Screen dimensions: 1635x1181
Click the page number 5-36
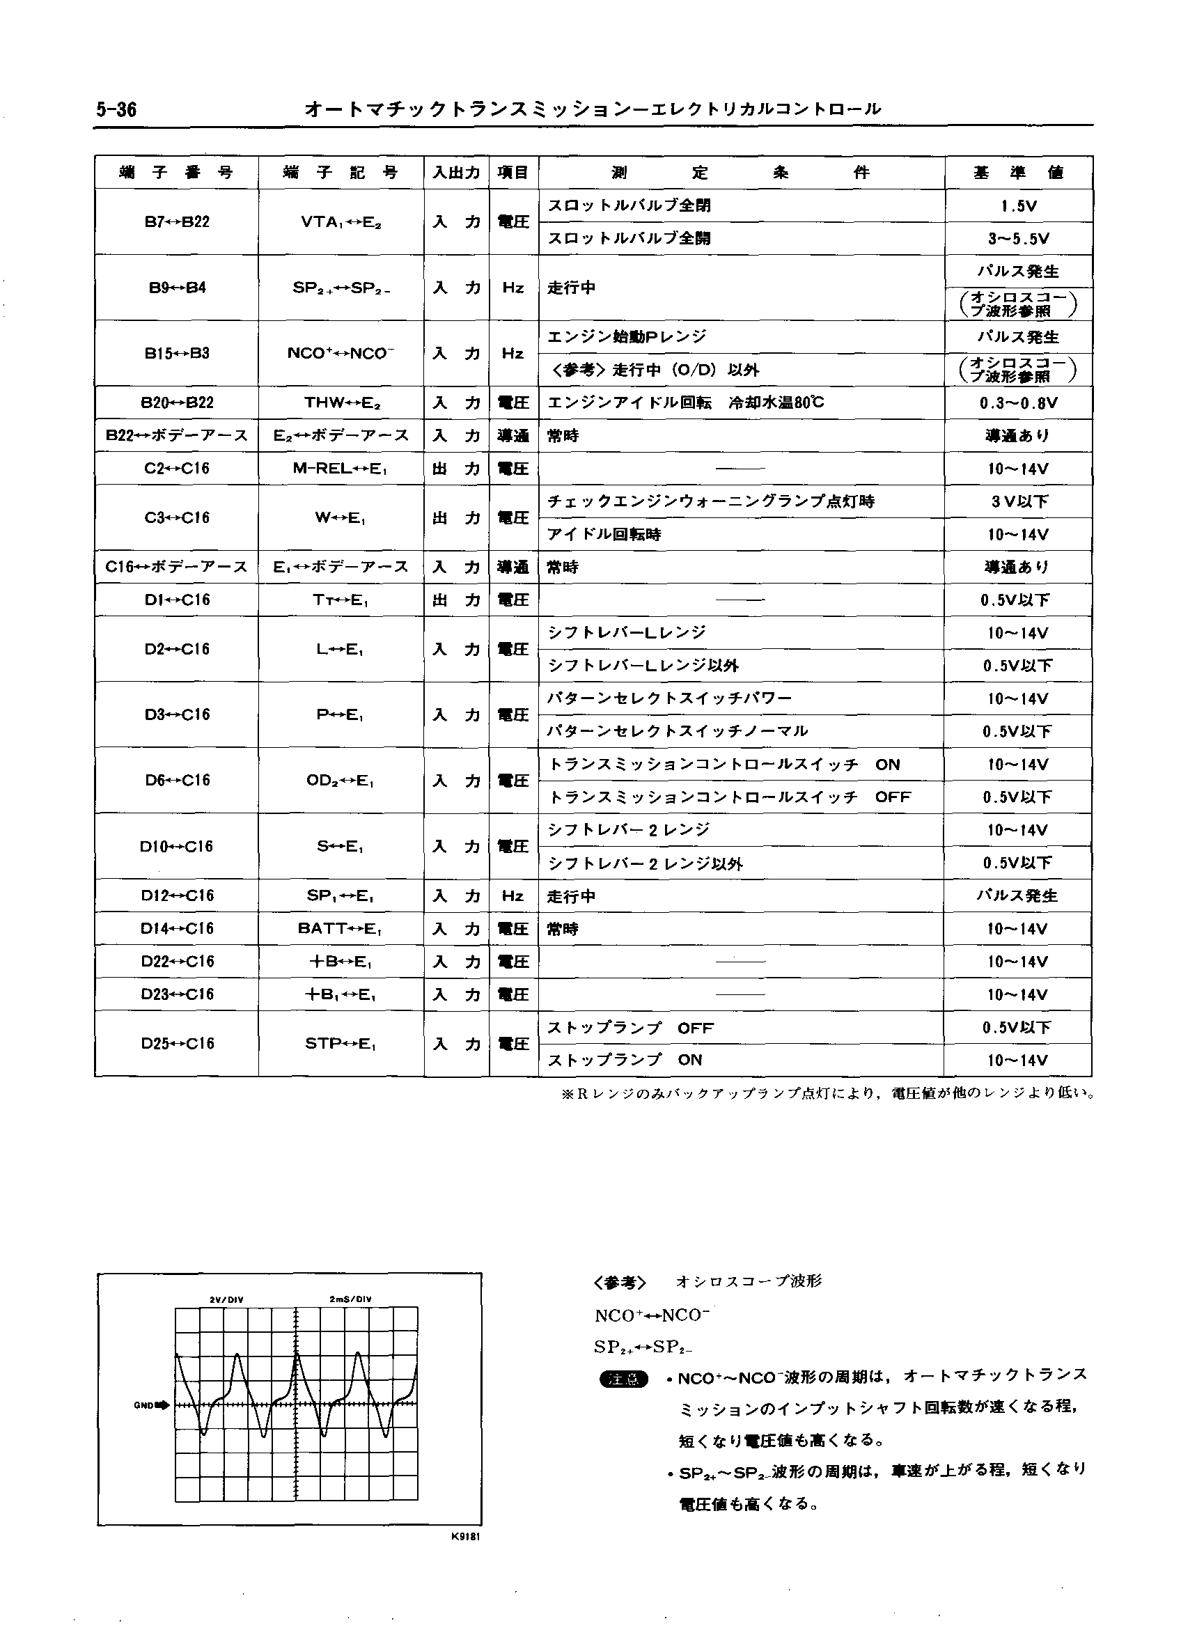point(116,109)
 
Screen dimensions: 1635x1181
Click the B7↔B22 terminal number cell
point(177,222)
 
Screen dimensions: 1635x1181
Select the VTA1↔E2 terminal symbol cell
point(341,222)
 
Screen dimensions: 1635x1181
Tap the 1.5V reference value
point(1018,206)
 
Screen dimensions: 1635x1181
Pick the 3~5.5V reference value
point(1018,239)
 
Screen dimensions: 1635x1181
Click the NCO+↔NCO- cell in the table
point(341,353)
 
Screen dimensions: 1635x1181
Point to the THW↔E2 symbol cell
point(341,403)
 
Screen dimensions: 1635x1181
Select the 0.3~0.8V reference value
point(1018,403)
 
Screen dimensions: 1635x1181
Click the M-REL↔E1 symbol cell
point(341,469)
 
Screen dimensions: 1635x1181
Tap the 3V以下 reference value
point(1018,502)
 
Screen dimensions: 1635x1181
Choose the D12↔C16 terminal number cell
point(177,896)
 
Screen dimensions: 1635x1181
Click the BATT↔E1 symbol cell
point(341,928)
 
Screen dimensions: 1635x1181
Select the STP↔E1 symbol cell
point(341,1043)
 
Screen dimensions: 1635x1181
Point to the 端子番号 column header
point(177,173)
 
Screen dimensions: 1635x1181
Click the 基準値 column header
point(1018,173)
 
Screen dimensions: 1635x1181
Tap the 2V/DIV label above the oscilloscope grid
point(226,1300)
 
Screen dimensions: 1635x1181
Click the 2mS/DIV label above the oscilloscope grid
point(350,1300)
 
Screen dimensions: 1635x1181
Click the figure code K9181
point(466,1536)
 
